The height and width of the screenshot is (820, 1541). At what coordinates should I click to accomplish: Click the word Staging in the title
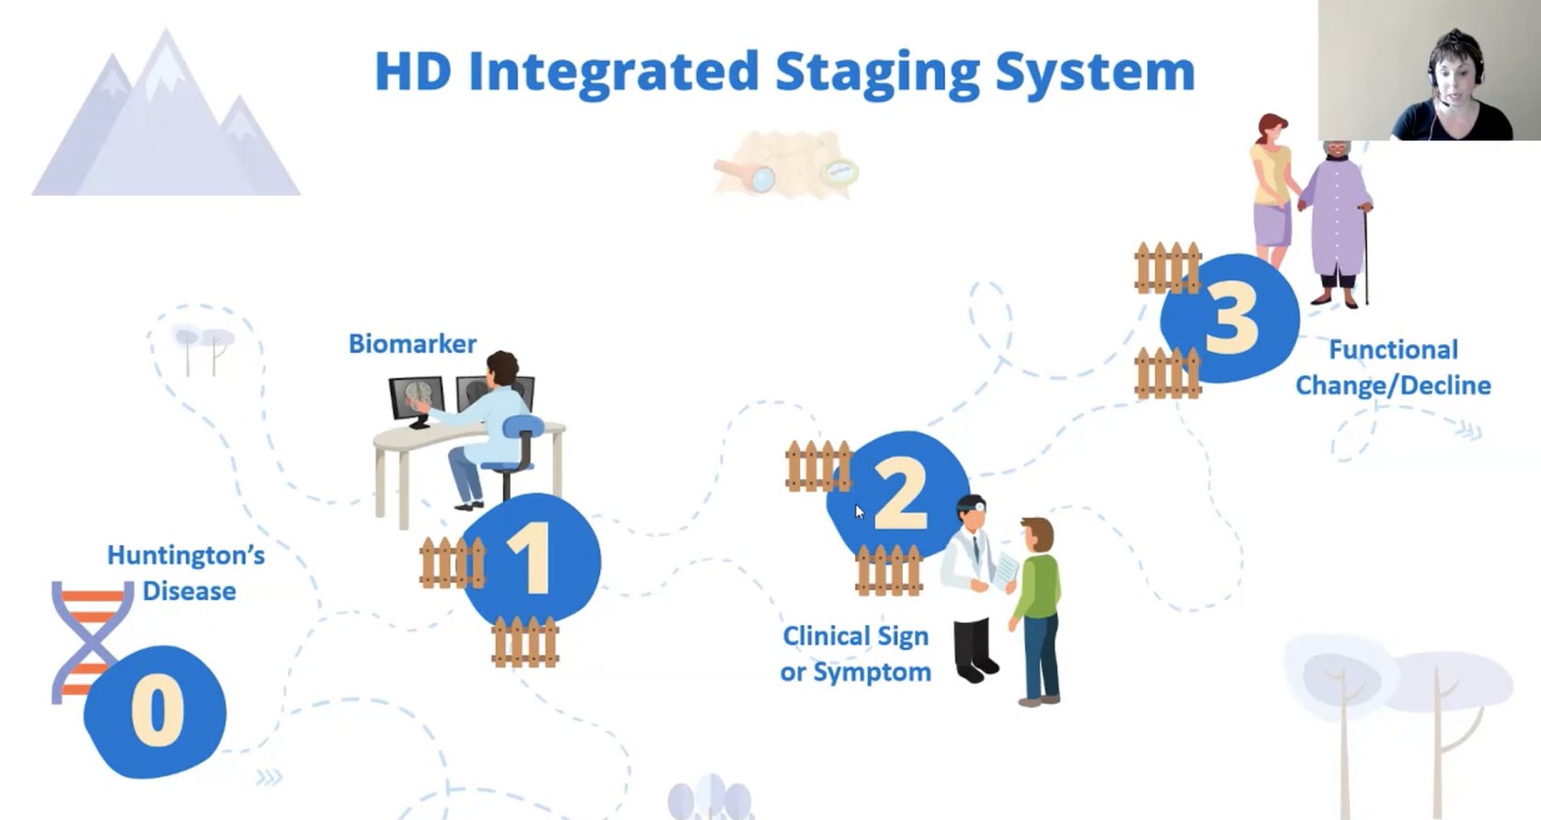[877, 72]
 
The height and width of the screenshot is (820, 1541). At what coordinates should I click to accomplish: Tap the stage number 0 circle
[155, 711]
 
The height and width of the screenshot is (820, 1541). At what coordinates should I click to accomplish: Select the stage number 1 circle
[531, 559]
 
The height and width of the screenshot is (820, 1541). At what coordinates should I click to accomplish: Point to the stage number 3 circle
[1230, 317]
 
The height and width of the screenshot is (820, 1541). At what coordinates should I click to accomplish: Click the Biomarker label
[412, 344]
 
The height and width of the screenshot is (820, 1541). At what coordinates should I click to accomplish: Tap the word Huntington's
[186, 555]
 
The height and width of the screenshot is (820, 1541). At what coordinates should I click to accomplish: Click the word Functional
[1393, 349]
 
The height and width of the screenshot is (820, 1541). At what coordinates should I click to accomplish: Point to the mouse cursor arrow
[859, 511]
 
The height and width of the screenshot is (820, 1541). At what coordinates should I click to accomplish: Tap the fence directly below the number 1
[525, 641]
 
